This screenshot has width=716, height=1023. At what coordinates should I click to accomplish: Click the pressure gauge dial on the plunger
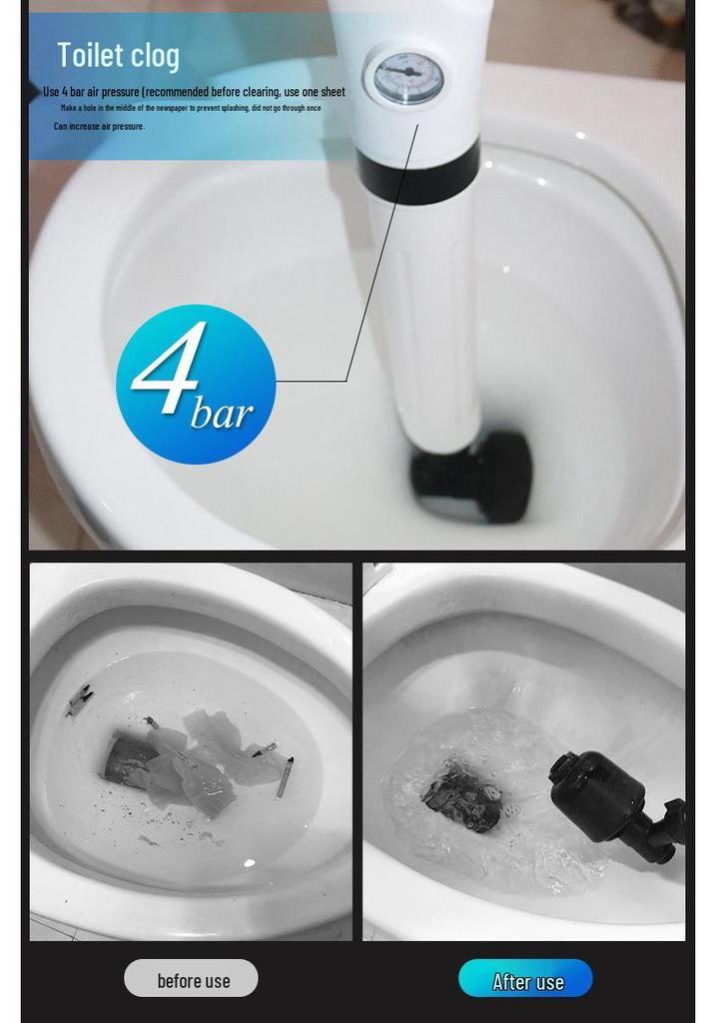coord(408,78)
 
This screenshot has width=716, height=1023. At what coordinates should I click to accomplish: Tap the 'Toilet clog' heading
coord(118,55)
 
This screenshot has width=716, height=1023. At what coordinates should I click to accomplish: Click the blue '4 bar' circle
coord(196,385)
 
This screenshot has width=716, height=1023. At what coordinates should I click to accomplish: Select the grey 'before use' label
coord(191,978)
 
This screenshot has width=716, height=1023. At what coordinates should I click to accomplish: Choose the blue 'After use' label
coord(525,978)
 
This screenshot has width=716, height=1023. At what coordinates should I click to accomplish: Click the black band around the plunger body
coord(418,173)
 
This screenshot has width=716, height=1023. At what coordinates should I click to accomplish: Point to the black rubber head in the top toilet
coord(471,475)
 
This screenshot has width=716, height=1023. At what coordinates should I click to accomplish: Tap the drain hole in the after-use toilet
coord(463,796)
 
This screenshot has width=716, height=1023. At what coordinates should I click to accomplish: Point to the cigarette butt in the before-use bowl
coord(285,777)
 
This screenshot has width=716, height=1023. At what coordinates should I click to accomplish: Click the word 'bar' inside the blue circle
coord(222,414)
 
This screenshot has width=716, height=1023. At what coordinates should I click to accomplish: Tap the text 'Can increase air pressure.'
coord(99,126)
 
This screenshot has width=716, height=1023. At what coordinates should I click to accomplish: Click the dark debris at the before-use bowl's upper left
coord(79,699)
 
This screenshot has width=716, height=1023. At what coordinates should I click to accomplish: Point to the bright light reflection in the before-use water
coord(249,863)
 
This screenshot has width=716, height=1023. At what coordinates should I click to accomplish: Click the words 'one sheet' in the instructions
coord(325,92)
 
